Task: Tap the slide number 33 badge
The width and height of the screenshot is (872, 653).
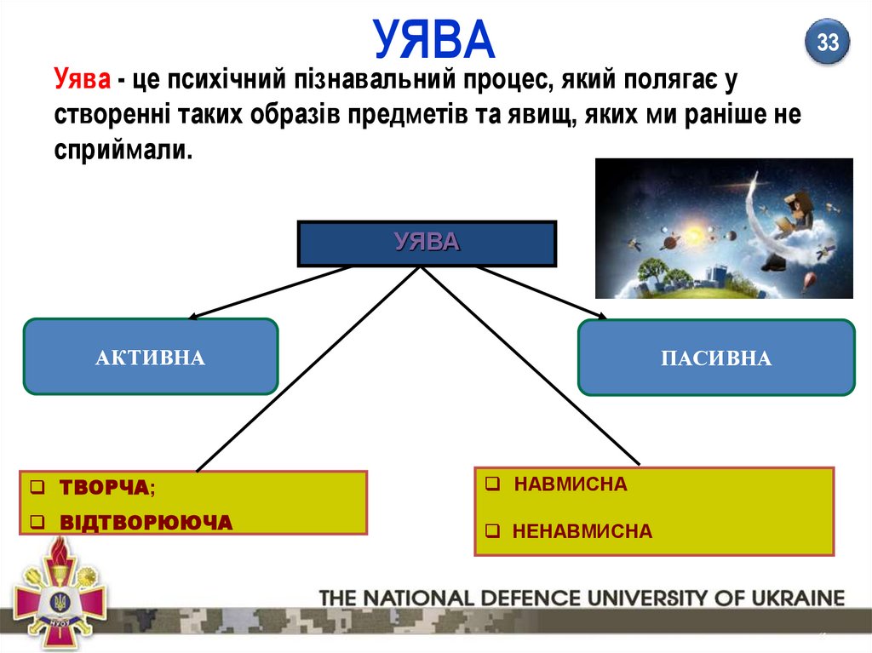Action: click(x=828, y=42)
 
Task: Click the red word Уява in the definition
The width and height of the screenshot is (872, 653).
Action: click(x=82, y=81)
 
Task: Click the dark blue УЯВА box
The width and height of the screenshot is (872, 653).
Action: click(x=427, y=243)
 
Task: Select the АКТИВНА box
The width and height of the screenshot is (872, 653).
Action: click(x=150, y=357)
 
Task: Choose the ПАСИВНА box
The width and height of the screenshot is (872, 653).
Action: click(x=715, y=358)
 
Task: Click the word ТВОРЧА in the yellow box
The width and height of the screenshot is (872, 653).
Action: click(x=105, y=488)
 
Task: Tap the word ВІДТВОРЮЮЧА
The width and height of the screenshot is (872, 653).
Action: click(x=146, y=522)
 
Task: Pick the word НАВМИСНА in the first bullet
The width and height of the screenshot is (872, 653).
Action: click(x=571, y=484)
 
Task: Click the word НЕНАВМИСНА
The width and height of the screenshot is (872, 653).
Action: click(x=582, y=532)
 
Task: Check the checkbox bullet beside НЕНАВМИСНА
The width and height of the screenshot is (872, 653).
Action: click(x=492, y=533)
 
